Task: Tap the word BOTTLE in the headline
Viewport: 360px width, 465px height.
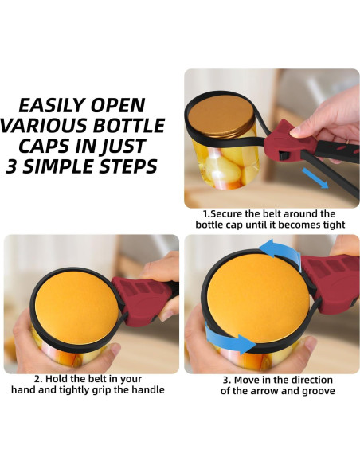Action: [x=129, y=126]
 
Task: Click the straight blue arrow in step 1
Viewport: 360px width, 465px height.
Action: [x=315, y=178]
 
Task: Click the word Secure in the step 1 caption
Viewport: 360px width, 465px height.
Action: [x=226, y=214]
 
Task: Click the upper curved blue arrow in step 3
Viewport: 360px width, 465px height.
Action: [x=280, y=251]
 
